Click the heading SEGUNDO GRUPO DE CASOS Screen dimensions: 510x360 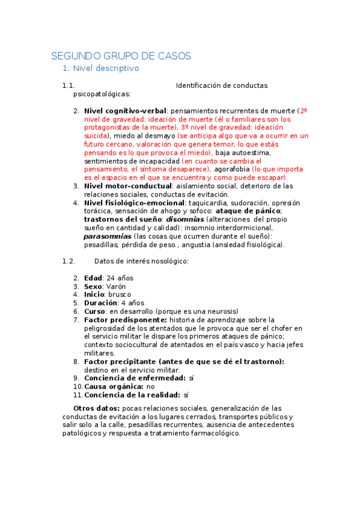click(x=121, y=56)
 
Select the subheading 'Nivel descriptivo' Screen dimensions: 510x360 click(x=105, y=69)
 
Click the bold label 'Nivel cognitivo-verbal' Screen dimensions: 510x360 click(x=126, y=111)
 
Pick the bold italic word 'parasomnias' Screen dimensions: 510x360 click(x=107, y=236)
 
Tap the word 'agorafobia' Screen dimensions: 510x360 click(x=235, y=170)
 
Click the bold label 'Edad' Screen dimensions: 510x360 click(x=93, y=278)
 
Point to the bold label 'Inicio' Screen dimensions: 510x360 click(x=94, y=295)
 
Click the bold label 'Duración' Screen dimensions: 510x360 click(x=100, y=303)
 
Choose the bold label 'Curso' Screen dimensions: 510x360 click(x=94, y=312)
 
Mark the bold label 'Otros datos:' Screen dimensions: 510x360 click(x=95, y=408)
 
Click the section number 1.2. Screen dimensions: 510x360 click(x=68, y=261)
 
